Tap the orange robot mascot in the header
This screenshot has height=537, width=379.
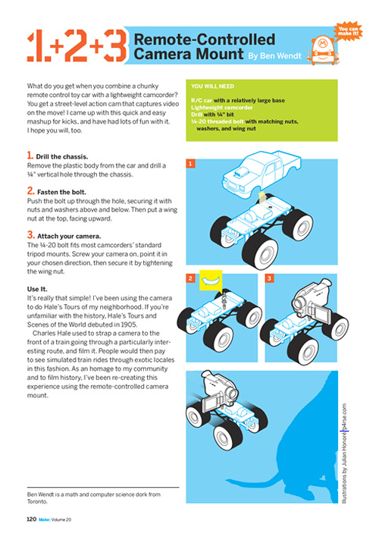tap(323, 50)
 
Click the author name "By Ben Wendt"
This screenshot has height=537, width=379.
tap(274, 56)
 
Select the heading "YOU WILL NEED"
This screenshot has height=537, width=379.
tap(212, 86)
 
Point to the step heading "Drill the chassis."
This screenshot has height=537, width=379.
tap(62, 157)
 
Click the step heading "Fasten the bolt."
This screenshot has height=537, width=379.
tap(61, 192)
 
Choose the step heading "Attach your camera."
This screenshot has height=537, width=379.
tap(69, 237)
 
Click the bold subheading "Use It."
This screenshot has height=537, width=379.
tap(37, 289)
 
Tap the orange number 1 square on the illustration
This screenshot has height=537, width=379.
tap(190, 163)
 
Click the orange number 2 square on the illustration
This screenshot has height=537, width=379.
tap(190, 278)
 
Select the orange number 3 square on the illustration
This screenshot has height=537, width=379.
tap(269, 278)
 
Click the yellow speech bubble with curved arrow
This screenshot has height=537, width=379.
tap(211, 281)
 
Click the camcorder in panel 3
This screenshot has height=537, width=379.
tap(312, 300)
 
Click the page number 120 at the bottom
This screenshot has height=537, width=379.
tap(32, 520)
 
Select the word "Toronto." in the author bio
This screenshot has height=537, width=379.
tap(37, 501)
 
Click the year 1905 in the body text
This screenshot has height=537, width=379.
tap(129, 325)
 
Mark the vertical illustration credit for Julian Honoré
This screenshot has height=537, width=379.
tap(344, 454)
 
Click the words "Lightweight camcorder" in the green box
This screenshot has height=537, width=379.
tap(222, 108)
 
